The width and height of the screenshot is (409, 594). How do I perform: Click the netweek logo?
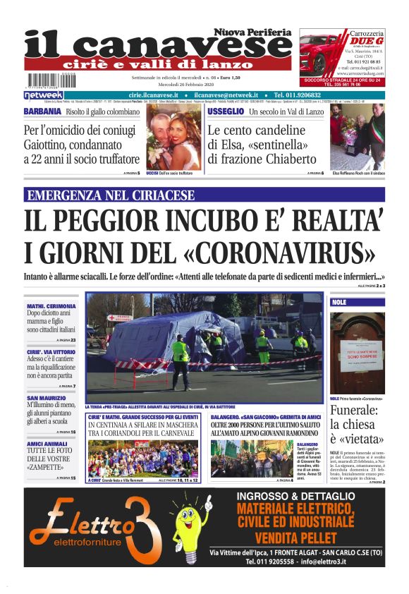tap(43, 95)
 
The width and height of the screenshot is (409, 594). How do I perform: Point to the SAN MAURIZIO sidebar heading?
tap(47, 399)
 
